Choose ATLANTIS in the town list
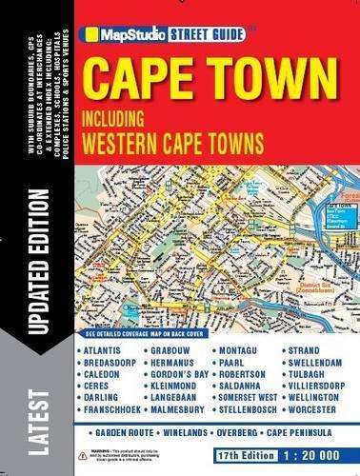[102, 350]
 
